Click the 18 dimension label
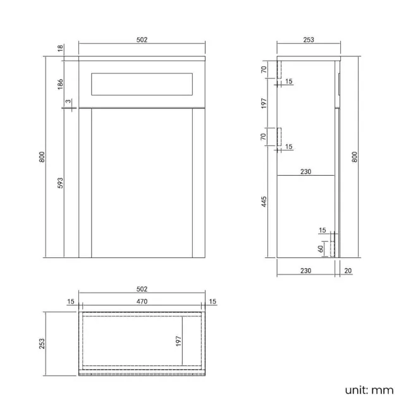point(59,48)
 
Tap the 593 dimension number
point(59,183)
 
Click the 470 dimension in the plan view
point(142,302)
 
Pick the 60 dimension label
point(321,248)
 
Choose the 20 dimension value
point(347,271)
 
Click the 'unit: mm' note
point(369,390)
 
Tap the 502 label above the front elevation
point(142,40)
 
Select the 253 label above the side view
point(309,40)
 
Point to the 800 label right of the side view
point(355,157)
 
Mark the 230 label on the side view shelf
point(305,171)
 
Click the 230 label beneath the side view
point(305,271)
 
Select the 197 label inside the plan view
point(178,341)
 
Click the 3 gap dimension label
point(68,102)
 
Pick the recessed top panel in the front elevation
point(142,84)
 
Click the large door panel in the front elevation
point(142,183)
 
